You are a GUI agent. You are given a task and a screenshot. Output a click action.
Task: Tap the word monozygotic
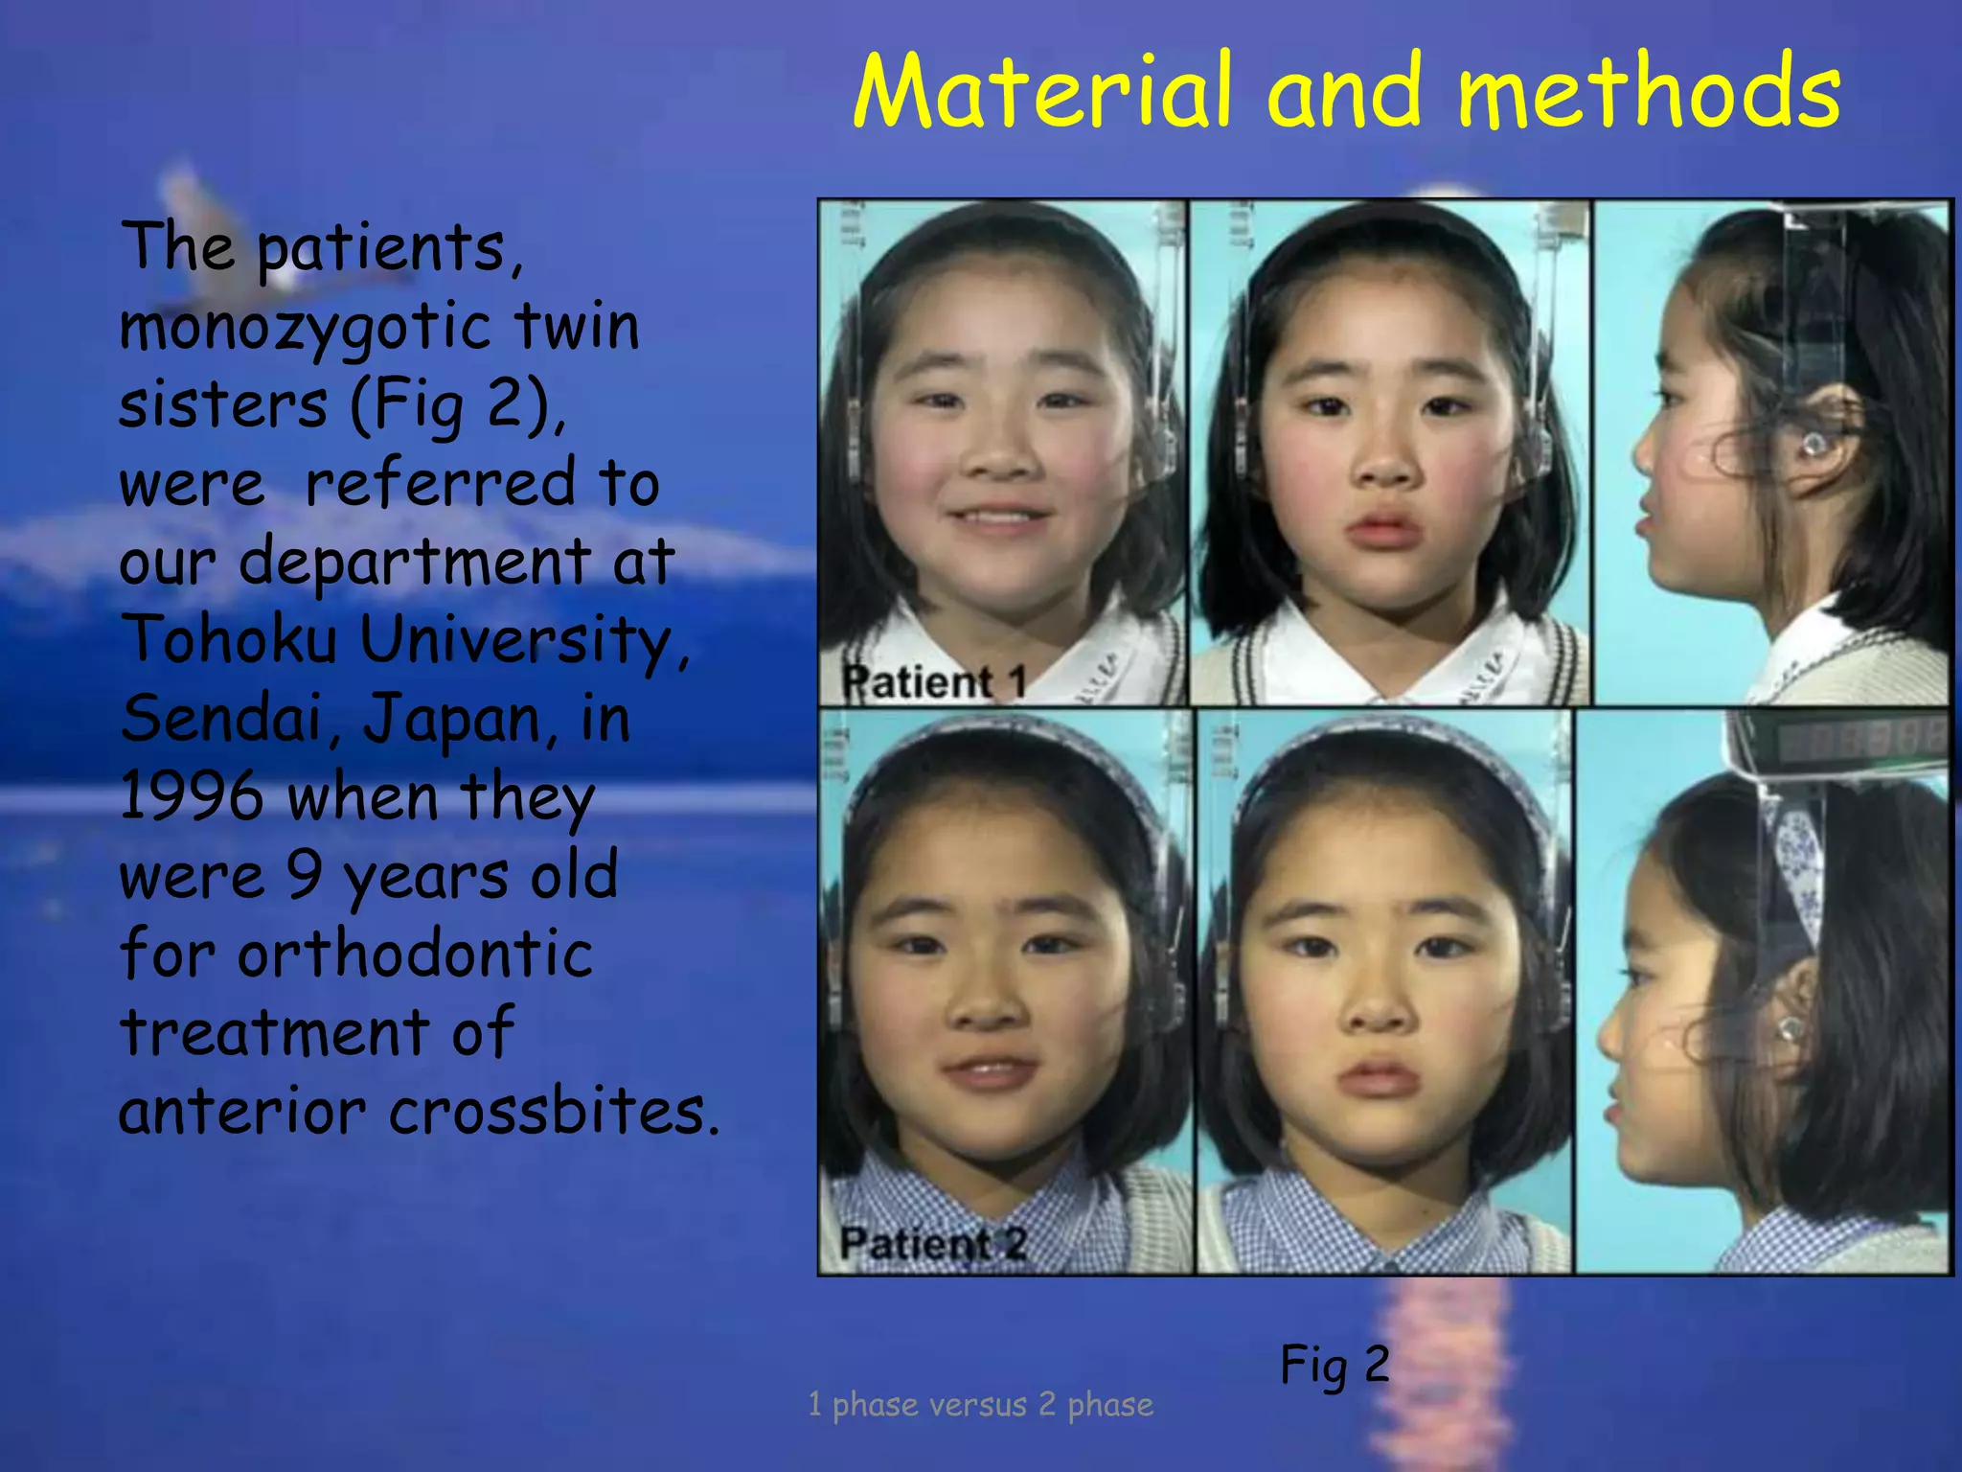[306, 329]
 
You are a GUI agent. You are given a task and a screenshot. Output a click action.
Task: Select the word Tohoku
[230, 639]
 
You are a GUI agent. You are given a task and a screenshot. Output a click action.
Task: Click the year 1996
[192, 797]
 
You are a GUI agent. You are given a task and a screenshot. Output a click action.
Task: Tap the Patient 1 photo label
[934, 681]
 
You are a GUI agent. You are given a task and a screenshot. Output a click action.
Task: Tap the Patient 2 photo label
[933, 1244]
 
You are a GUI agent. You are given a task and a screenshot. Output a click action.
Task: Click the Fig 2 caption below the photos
[1335, 1365]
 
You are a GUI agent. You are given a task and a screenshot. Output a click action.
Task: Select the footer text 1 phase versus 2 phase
[980, 1405]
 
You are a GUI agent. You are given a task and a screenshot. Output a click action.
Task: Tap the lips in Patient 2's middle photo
[1378, 1080]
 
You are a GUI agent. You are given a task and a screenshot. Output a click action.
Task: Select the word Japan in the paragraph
[456, 718]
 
